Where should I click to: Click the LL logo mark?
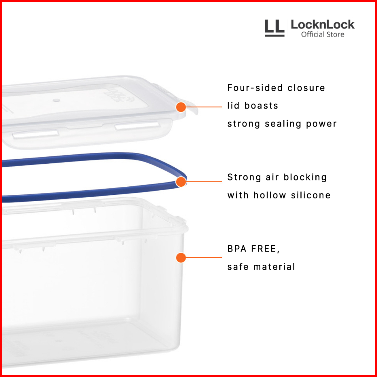click(274, 28)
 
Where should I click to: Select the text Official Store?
click(323, 35)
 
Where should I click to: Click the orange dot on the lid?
click(181, 107)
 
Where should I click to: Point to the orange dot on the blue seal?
click(181, 182)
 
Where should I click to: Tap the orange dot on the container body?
click(181, 257)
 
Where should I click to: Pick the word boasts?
click(261, 106)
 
